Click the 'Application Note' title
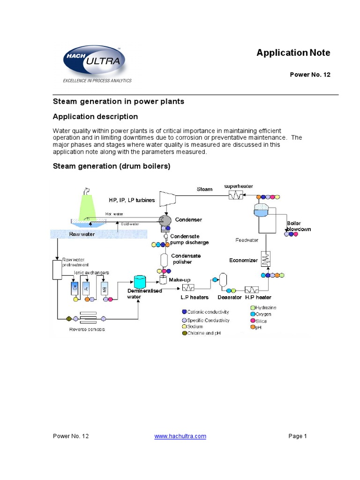(x=293, y=52)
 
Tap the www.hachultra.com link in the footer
(x=180, y=436)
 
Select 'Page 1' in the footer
(x=297, y=436)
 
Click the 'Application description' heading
(x=95, y=116)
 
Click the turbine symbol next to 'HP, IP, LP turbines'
(x=168, y=198)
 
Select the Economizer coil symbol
(x=266, y=259)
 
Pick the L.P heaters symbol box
(x=189, y=287)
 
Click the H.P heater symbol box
(x=252, y=289)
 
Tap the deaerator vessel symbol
(x=223, y=280)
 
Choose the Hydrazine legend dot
(x=252, y=307)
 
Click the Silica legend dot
(x=252, y=321)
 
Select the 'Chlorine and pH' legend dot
(x=184, y=333)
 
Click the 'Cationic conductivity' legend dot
(x=184, y=312)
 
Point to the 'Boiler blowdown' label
(x=299, y=226)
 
